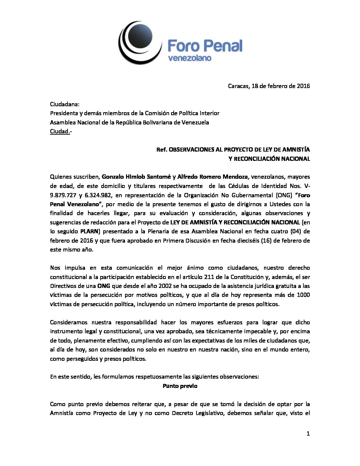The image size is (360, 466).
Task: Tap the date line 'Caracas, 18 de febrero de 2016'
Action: point(269,86)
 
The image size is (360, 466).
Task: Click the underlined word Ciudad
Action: point(60,131)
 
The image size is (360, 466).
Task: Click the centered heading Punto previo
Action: point(180,386)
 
